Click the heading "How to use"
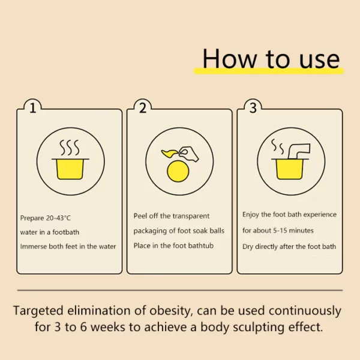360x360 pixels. coord(271,59)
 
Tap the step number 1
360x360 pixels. coord(33,108)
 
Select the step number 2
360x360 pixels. coord(143,108)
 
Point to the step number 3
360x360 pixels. coord(253,108)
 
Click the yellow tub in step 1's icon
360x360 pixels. coord(71,168)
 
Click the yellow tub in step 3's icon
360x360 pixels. coord(286,168)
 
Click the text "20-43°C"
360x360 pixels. coord(62,218)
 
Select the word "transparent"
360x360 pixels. coord(191,216)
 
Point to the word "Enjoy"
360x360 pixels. coord(251,214)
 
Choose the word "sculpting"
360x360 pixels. coord(267,328)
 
